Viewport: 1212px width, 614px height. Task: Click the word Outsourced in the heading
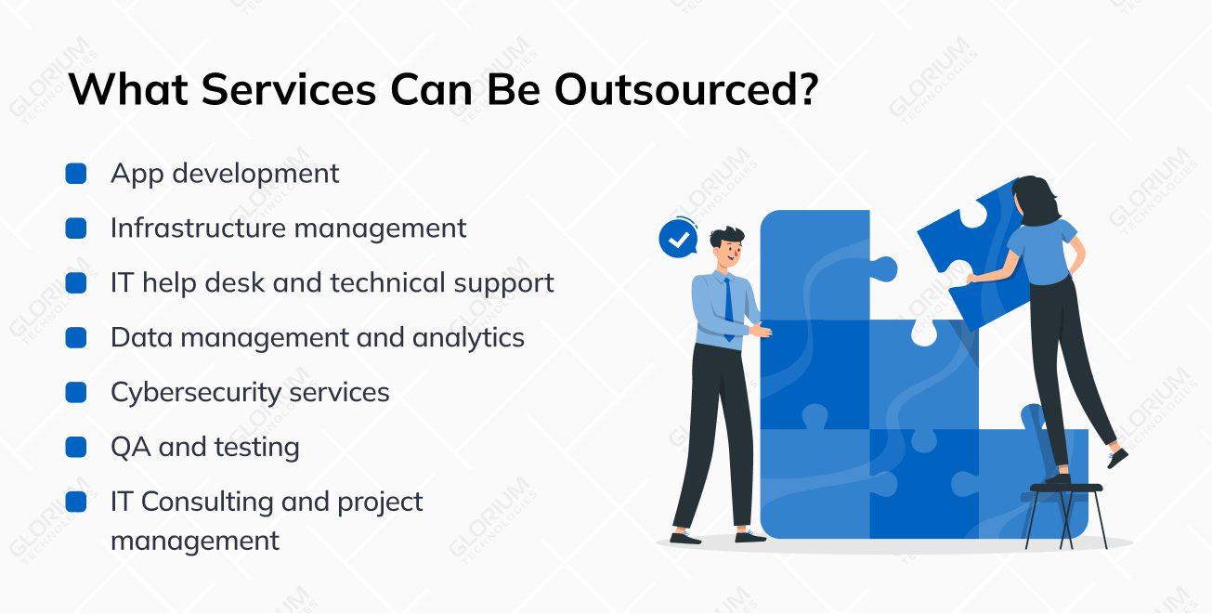point(686,89)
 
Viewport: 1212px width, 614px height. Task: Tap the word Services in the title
point(289,89)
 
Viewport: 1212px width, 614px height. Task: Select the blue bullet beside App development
point(76,174)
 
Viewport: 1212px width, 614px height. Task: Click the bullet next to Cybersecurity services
point(76,392)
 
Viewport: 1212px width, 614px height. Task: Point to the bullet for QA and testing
point(76,447)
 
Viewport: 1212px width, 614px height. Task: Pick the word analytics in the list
point(469,338)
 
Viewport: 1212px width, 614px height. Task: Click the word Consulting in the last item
point(207,503)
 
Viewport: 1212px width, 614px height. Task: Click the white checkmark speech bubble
point(679,239)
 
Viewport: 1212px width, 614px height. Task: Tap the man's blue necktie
point(729,309)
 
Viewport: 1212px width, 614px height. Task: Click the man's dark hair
point(726,236)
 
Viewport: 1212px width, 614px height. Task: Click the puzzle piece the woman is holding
point(974,255)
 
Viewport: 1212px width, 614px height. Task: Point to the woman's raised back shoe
point(1116,458)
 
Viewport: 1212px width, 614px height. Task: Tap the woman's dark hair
point(1036,200)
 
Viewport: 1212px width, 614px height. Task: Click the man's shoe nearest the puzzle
point(749,537)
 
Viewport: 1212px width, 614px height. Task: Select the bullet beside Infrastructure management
point(76,229)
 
